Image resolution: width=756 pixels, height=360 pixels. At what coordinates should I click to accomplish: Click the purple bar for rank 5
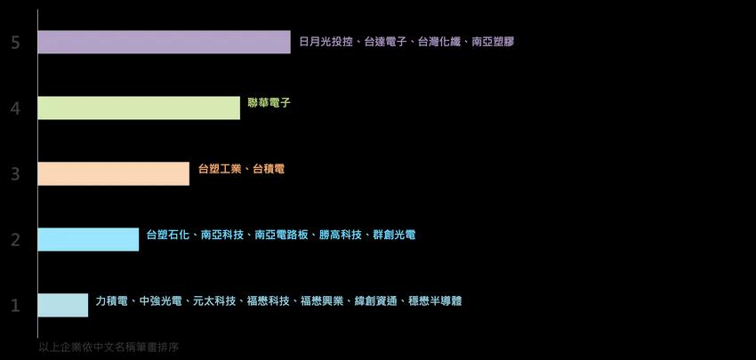click(164, 42)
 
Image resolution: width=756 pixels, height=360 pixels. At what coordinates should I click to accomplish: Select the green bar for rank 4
click(139, 108)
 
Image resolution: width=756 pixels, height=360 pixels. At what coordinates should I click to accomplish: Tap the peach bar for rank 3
click(113, 173)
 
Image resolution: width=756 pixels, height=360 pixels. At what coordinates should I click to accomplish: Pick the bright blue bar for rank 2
click(88, 239)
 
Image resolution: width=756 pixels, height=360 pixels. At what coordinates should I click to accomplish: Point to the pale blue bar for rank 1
click(62, 305)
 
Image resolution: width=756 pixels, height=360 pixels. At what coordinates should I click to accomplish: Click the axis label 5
click(15, 43)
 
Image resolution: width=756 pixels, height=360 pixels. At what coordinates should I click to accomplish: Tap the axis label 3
click(15, 174)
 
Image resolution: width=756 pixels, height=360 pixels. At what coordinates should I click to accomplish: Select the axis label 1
click(15, 306)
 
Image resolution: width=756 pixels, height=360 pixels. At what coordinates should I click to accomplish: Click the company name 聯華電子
click(269, 103)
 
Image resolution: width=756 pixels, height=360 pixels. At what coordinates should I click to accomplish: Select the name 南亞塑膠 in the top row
click(493, 42)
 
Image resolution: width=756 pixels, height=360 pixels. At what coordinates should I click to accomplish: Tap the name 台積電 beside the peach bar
click(269, 169)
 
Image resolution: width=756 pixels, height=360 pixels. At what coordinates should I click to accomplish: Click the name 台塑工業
click(220, 169)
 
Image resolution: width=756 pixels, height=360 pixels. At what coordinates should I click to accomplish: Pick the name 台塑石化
click(168, 235)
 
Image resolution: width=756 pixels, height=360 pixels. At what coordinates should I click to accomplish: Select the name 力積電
click(111, 300)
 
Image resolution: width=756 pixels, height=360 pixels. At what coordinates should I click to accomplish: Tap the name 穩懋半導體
click(435, 300)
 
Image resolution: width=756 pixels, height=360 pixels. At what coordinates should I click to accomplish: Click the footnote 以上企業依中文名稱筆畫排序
click(109, 348)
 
